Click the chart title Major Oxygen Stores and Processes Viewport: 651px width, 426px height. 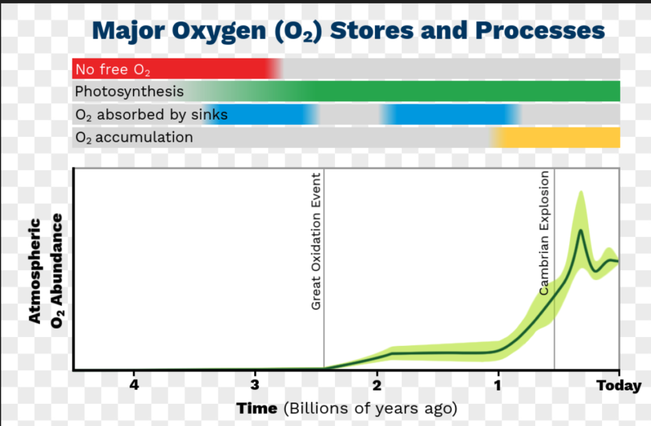pyautogui.click(x=348, y=31)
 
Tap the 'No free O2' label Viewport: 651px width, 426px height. pyautogui.click(x=113, y=69)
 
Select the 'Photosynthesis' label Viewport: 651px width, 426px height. pyautogui.click(x=129, y=92)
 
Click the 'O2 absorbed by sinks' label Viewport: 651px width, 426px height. pyautogui.click(x=151, y=114)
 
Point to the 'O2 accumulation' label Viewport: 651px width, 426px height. pyautogui.click(x=134, y=137)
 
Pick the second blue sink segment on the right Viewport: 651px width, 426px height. pyautogui.click(x=450, y=114)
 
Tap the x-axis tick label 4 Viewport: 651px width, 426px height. pyautogui.click(x=134, y=385)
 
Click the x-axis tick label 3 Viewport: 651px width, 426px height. pyautogui.click(x=255, y=385)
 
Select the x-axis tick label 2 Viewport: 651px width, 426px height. pyautogui.click(x=376, y=385)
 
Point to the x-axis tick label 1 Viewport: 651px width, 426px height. pyautogui.click(x=498, y=385)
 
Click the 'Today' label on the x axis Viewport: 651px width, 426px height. pyautogui.click(x=619, y=386)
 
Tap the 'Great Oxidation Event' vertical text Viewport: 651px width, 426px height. pyautogui.click(x=316, y=241)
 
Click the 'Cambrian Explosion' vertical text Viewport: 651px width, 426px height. pyautogui.click(x=544, y=233)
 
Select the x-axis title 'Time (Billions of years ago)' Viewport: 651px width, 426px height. pyautogui.click(x=346, y=409)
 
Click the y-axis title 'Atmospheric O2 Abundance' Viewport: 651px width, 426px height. pyautogui.click(x=46, y=271)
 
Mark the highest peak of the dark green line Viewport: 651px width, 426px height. pyautogui.click(x=580, y=230)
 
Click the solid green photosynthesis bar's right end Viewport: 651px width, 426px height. pyautogui.click(x=620, y=92)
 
